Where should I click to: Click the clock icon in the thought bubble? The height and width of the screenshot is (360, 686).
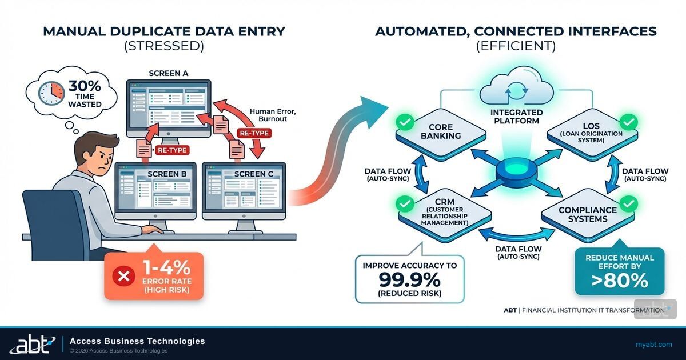point(51,93)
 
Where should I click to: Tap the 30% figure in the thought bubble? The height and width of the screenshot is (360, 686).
point(84,86)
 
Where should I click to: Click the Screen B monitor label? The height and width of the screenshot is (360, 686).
point(155,174)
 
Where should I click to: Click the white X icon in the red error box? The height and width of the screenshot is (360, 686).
point(122,277)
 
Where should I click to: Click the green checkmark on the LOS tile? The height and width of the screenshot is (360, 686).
point(628,122)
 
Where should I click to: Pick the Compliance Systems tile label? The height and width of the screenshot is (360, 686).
point(587,215)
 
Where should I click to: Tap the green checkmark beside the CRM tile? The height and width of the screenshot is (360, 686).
point(405,203)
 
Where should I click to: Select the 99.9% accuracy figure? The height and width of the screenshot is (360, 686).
point(410,279)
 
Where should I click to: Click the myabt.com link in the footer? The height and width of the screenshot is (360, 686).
point(653,344)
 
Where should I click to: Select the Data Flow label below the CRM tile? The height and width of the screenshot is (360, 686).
point(518,253)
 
